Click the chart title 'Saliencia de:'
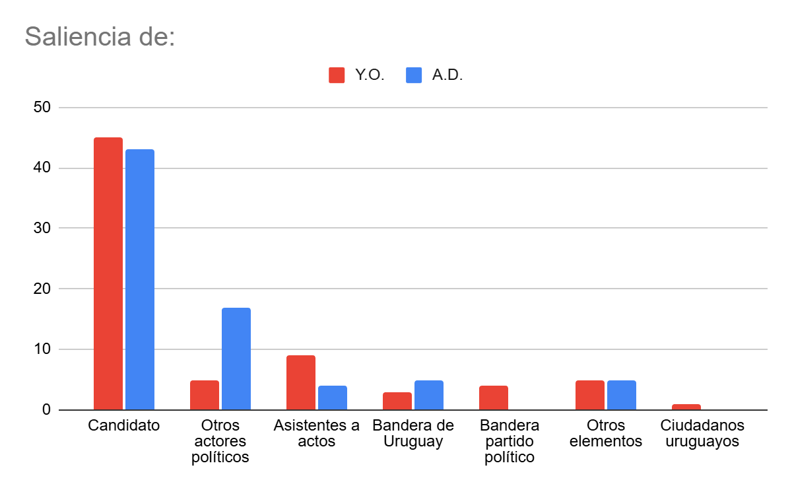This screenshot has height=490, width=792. pyautogui.click(x=100, y=36)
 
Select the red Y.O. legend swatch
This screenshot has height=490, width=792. pyautogui.click(x=337, y=75)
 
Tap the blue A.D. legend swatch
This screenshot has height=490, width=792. pyautogui.click(x=414, y=75)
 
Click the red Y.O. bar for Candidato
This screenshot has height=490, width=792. pyautogui.click(x=108, y=273)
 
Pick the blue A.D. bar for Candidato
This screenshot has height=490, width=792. pyautogui.click(x=140, y=279)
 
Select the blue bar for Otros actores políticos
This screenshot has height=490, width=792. pyautogui.click(x=236, y=359)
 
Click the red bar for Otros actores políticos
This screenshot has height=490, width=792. pyautogui.click(x=205, y=395)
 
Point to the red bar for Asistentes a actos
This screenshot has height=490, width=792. pyautogui.click(x=301, y=382)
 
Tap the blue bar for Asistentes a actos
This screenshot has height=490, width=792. pyautogui.click(x=333, y=398)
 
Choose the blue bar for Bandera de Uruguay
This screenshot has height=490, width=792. pyautogui.click(x=429, y=395)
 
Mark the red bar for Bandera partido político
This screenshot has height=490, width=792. pyautogui.click(x=494, y=398)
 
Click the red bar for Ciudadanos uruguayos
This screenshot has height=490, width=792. pyautogui.click(x=686, y=407)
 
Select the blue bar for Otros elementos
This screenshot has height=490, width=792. pyautogui.click(x=622, y=395)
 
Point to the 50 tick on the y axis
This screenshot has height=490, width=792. pyautogui.click(x=42, y=108)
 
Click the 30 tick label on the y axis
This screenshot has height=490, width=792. pyautogui.click(x=42, y=228)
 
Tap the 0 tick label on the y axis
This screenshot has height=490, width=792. pyautogui.click(x=46, y=410)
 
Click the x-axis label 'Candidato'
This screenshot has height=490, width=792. pyautogui.click(x=124, y=425)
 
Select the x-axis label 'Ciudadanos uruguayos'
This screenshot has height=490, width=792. pyautogui.click(x=702, y=433)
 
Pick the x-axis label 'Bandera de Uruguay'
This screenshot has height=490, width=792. pyautogui.click(x=413, y=433)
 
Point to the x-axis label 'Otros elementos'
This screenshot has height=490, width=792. pyautogui.click(x=606, y=433)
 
